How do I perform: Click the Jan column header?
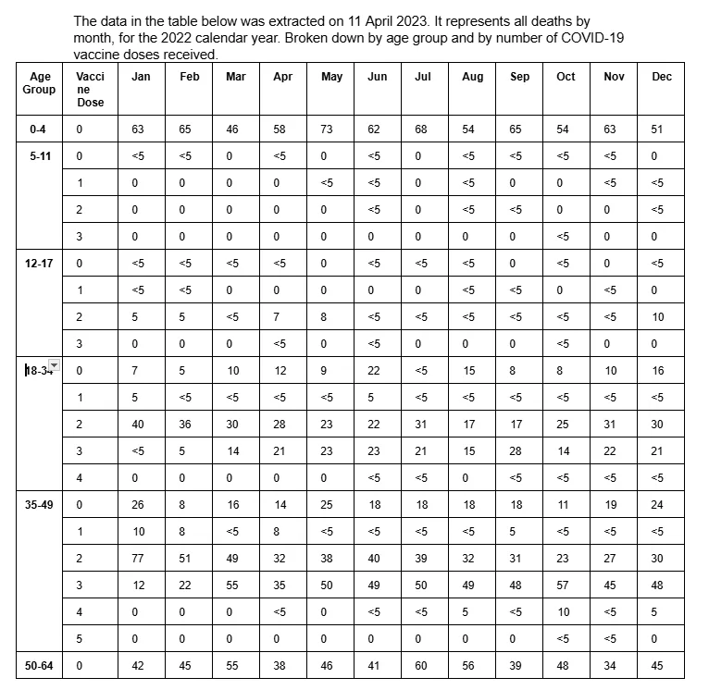tap(141, 77)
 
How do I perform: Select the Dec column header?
tap(661, 77)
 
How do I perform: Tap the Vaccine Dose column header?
tap(91, 90)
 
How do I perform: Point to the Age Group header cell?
tap(39, 83)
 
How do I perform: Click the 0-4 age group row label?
tap(39, 129)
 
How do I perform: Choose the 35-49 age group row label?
tap(39, 507)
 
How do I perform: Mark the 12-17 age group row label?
tap(39, 264)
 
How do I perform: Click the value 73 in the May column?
tap(326, 129)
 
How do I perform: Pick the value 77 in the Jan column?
tap(138, 559)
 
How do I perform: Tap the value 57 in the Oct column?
tap(563, 585)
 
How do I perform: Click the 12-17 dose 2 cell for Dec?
tap(658, 317)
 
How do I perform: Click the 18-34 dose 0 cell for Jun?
tap(374, 371)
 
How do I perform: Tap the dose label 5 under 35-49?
tap(80, 638)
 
